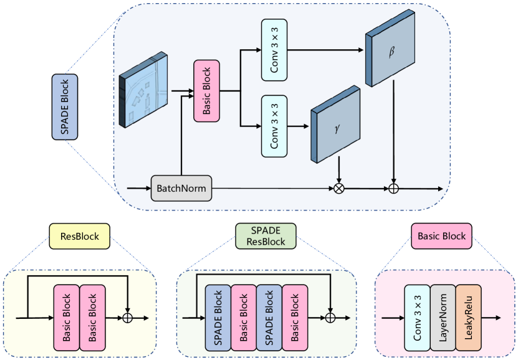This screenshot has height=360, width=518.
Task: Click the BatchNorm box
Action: pos(181,187)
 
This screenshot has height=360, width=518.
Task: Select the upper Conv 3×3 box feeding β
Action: pos(274,50)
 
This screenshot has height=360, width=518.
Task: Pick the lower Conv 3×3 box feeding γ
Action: pos(274,126)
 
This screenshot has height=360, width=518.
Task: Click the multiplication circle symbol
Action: pos(338,188)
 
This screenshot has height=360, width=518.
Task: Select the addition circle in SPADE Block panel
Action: pos(393,188)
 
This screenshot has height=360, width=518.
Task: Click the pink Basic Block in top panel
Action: pos(207,90)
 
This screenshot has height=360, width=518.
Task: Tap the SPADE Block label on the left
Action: pos(65,107)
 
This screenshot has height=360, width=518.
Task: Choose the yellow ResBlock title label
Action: pos(79,237)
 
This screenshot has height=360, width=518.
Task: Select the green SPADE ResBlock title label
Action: pos(266,236)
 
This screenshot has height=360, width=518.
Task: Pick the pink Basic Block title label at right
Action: pos(441,236)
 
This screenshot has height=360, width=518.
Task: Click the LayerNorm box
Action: pos(443,318)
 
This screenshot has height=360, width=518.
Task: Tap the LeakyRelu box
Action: pos(469,318)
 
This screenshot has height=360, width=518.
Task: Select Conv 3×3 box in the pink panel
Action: pos(417,318)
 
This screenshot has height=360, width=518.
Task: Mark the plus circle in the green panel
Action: pos(331,318)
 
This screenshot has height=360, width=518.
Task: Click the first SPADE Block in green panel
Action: pos(218,318)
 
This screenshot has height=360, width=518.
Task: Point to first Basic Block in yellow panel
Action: pos(66,318)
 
